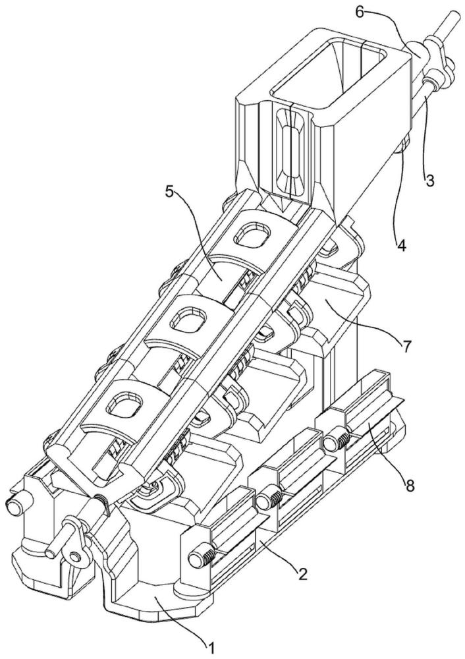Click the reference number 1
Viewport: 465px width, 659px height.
coord(211,648)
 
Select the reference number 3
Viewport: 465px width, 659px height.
coord(429,181)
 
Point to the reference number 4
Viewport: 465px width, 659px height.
coord(402,245)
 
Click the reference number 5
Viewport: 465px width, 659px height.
coord(170,192)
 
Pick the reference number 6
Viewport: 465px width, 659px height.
coord(360,11)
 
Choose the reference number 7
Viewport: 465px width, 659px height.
coord(406,347)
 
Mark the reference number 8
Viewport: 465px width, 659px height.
coord(410,486)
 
